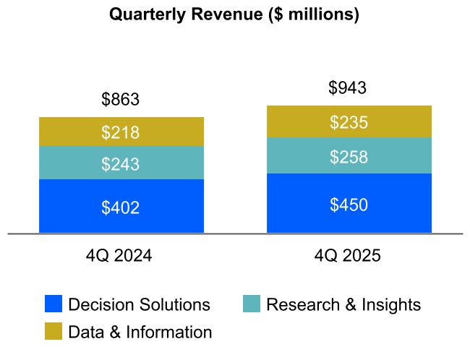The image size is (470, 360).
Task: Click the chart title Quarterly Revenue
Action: [x=234, y=14]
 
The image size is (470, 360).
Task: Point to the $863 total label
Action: [x=121, y=100]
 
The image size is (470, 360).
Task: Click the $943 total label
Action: [x=348, y=88]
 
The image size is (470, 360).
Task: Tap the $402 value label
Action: [x=121, y=208]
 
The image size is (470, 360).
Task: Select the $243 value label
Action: [x=121, y=165]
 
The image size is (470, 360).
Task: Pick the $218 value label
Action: [x=121, y=133]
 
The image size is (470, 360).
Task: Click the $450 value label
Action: [x=349, y=205]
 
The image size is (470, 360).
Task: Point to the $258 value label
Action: [x=349, y=158]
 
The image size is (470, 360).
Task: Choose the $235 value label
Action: [x=349, y=123]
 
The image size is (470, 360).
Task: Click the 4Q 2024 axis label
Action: [x=121, y=256]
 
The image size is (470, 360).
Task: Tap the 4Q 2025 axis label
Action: [x=349, y=256]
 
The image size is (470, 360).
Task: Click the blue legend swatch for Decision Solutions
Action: [x=54, y=304]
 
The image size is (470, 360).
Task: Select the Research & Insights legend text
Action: [x=343, y=304]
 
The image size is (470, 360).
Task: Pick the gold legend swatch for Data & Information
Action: [x=54, y=332]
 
